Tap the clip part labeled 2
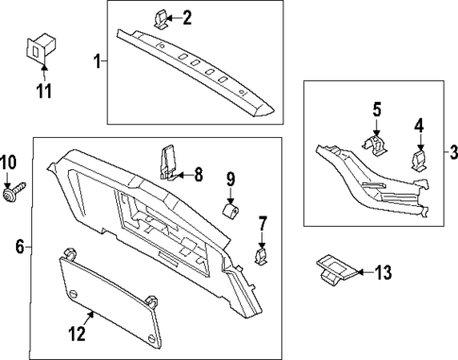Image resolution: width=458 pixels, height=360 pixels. (x=160, y=18)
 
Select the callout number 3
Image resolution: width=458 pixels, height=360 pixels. (x=452, y=152)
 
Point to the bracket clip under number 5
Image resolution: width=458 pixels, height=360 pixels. (x=377, y=146)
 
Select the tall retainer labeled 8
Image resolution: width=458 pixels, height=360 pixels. (x=170, y=162)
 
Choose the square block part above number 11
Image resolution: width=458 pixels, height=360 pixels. (x=39, y=49)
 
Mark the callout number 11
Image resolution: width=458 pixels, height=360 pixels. (x=43, y=92)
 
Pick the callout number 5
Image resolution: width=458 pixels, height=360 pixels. (x=376, y=111)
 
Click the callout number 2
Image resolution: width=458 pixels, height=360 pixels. (x=187, y=17)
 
